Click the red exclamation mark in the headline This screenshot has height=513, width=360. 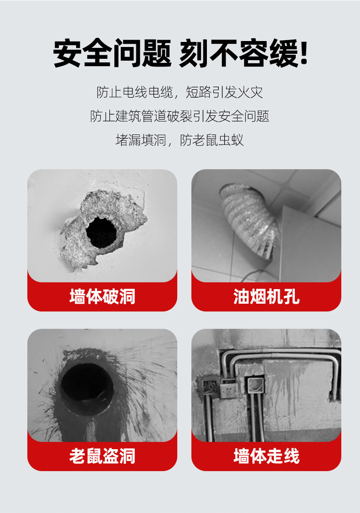point(303,52)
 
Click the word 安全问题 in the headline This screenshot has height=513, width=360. point(112,53)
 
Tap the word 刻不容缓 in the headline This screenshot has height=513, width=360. point(238,53)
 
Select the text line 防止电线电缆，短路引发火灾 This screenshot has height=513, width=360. point(180,92)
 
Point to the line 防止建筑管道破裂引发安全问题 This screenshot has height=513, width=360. point(180,116)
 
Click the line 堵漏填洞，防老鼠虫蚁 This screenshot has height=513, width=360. point(180,140)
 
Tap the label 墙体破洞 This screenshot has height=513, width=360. point(103,296)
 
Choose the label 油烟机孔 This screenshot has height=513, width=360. point(266,296)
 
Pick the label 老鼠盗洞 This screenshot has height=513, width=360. point(103,456)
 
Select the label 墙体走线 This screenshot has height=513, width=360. point(266,456)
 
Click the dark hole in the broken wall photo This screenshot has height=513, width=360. point(101,232)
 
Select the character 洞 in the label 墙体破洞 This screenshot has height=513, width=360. point(127,296)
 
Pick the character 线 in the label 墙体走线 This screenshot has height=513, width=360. point(291,456)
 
